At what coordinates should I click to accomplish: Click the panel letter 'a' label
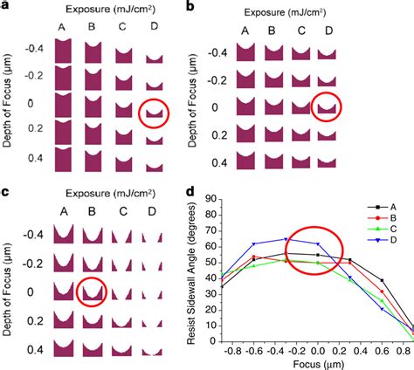point(6,7)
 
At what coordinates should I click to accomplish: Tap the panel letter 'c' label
point(6,190)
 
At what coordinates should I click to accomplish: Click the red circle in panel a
point(156,111)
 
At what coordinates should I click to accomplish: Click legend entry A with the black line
point(383,211)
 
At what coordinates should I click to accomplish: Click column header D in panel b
point(328,31)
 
